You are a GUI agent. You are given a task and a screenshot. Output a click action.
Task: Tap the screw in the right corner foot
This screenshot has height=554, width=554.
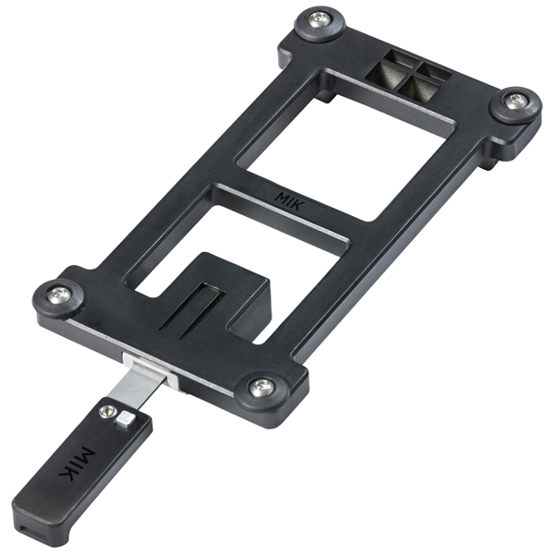(x=516, y=102)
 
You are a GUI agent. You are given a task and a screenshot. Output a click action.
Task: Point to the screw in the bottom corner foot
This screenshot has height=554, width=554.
(x=261, y=388)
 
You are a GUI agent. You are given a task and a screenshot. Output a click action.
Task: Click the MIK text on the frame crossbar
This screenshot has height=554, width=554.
(x=290, y=200)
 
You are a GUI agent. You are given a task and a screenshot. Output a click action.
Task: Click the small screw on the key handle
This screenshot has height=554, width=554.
(x=107, y=411)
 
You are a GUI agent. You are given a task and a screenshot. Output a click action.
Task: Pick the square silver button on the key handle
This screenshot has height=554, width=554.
(x=126, y=419)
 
